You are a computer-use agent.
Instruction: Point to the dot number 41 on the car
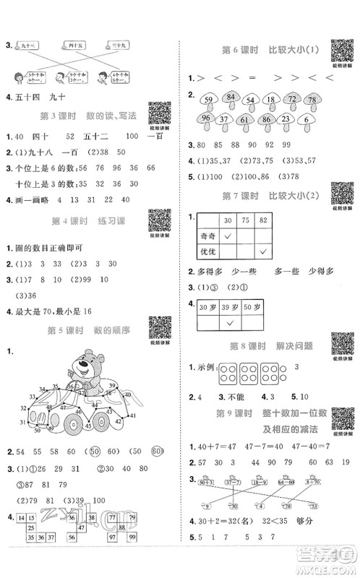click(x=131, y=415)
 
